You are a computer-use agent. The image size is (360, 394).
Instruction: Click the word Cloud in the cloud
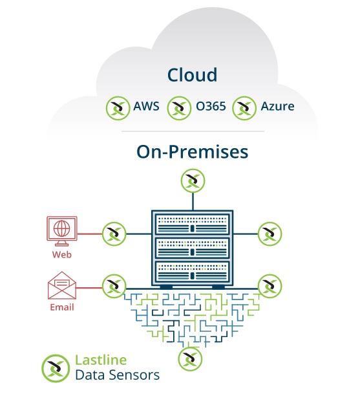tap(192, 75)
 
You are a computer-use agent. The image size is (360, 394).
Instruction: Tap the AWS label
tap(146, 106)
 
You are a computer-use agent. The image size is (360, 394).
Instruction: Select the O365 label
tap(211, 106)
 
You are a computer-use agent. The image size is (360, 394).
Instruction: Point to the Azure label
tap(278, 106)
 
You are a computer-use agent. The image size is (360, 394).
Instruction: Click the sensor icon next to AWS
tap(118, 108)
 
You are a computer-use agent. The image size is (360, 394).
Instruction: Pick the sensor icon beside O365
tap(179, 108)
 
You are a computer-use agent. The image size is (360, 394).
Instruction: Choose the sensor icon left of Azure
tap(244, 108)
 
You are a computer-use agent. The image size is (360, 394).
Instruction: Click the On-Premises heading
tap(193, 152)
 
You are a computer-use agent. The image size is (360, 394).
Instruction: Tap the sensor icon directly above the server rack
tap(193, 181)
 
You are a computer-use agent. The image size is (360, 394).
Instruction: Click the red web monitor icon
tap(62, 231)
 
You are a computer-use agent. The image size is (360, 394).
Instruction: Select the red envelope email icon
tap(62, 285)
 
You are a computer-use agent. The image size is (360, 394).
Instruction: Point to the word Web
tap(62, 255)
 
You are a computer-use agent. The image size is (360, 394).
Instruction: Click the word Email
tap(62, 307)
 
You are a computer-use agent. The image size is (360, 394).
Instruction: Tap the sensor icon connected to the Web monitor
tap(114, 234)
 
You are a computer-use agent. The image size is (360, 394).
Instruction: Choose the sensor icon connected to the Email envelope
tap(114, 286)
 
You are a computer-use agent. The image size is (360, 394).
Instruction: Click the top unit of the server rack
tap(193, 224)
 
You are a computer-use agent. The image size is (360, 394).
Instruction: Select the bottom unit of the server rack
tap(193, 271)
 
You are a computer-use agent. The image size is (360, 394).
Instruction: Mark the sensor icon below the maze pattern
tap(190, 359)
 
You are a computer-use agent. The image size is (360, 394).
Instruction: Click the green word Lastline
tap(101, 360)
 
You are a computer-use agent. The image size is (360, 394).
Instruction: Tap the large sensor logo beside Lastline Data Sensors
tap(56, 368)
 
